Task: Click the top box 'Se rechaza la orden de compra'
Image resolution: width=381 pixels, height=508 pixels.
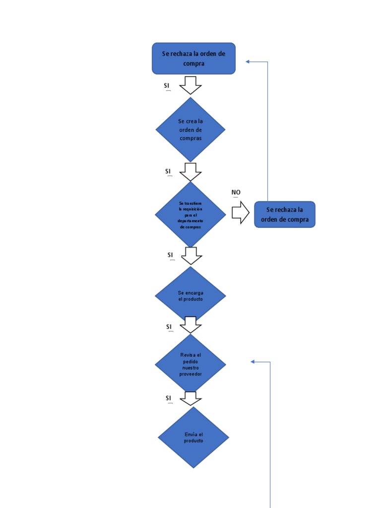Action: click(x=193, y=59)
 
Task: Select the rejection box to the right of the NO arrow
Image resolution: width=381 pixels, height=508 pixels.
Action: click(x=284, y=214)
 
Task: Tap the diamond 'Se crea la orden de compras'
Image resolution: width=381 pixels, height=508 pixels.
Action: click(x=190, y=129)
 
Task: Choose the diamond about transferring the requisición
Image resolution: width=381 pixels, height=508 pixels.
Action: click(x=190, y=215)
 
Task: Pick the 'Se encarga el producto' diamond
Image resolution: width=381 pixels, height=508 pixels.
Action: click(x=190, y=296)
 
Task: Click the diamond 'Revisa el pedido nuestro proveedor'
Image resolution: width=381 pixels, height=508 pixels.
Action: click(x=190, y=365)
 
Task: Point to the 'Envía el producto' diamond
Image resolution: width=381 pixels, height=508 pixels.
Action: click(x=193, y=438)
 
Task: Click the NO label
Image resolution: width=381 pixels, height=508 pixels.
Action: click(x=236, y=192)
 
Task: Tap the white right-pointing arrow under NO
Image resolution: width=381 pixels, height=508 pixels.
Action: click(x=241, y=212)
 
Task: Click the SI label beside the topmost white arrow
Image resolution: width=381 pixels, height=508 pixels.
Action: click(x=167, y=86)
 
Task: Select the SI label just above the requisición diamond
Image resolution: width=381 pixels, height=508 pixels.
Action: click(x=168, y=171)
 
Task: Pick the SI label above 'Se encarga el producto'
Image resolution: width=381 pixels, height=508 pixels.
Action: click(x=171, y=255)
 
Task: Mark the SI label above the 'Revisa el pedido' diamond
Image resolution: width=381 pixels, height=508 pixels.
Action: click(x=169, y=326)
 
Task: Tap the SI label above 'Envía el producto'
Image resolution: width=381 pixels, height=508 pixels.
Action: click(x=169, y=398)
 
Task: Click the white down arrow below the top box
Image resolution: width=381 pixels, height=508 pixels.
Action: click(x=190, y=85)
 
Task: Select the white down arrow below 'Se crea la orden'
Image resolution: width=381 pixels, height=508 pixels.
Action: click(x=190, y=172)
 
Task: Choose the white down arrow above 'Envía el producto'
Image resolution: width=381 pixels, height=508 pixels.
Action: click(x=190, y=398)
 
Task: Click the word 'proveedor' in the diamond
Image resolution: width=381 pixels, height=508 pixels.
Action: click(x=190, y=374)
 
